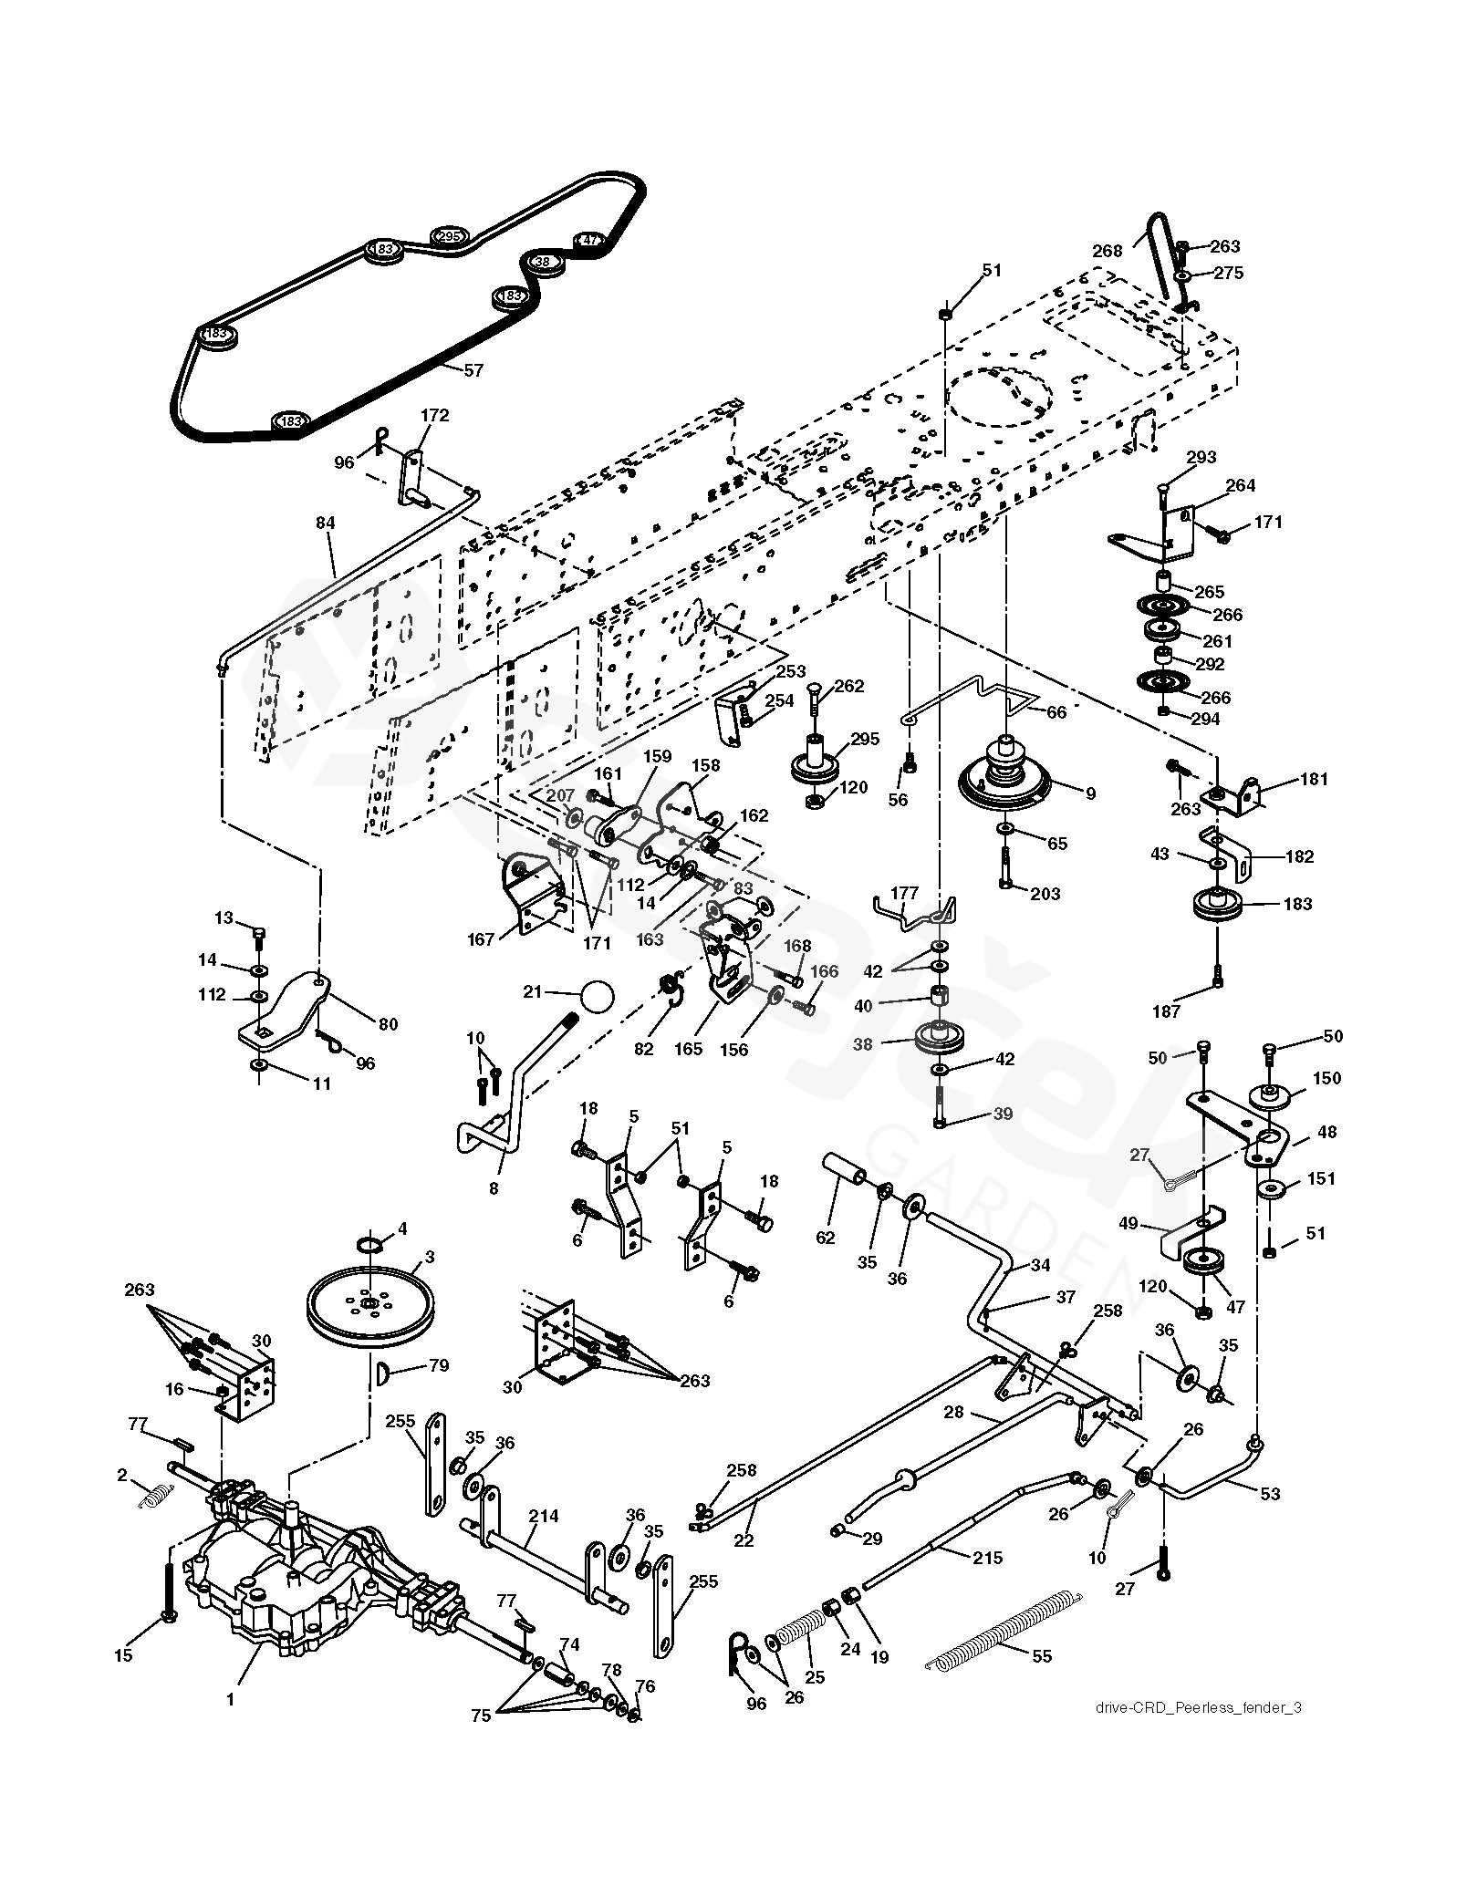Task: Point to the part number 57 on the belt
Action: click(x=473, y=370)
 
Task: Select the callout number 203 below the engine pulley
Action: click(x=1045, y=894)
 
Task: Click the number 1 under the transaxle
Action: click(x=230, y=1699)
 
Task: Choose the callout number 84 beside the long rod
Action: click(x=325, y=523)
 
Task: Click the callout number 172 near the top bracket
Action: click(x=434, y=416)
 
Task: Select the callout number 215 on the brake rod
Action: click(x=985, y=1558)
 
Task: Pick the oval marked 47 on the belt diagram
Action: click(x=589, y=241)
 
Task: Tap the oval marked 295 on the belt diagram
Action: click(x=447, y=236)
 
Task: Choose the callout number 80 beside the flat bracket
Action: click(x=388, y=1024)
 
